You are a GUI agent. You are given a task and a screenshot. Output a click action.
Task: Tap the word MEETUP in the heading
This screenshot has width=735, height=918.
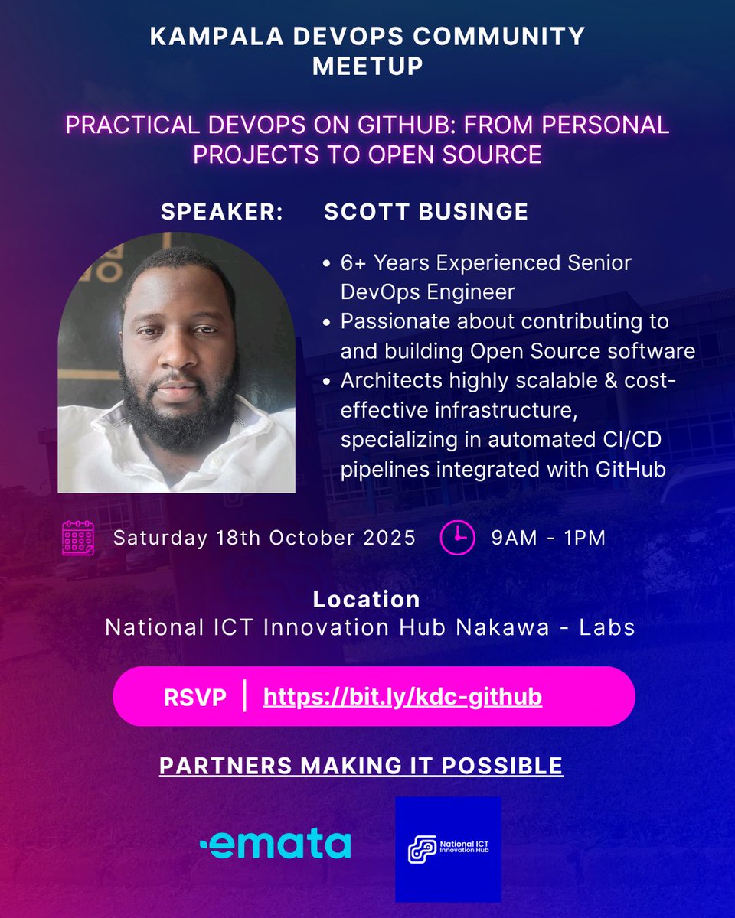[x=367, y=66]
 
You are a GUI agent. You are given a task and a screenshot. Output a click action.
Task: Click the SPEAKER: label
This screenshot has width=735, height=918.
[x=222, y=212]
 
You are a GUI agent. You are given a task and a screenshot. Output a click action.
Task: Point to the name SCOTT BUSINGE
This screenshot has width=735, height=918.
[x=426, y=212]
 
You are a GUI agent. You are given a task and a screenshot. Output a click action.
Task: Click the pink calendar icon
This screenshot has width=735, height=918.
[x=77, y=537]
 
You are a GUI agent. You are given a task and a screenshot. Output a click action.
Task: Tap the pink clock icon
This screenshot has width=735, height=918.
[x=457, y=537]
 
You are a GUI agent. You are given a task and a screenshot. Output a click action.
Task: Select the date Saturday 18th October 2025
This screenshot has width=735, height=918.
[x=264, y=538]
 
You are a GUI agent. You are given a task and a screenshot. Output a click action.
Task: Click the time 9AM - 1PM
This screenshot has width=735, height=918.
[x=548, y=538]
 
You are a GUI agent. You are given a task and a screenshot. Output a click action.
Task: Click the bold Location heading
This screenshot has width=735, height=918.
[x=367, y=599]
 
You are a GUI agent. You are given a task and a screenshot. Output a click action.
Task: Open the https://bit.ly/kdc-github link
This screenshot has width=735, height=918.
[x=403, y=698]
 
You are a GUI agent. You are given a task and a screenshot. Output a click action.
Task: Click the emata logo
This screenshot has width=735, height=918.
[x=275, y=844]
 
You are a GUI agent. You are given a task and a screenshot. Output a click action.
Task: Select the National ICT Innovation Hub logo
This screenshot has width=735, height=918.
[x=448, y=849]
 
